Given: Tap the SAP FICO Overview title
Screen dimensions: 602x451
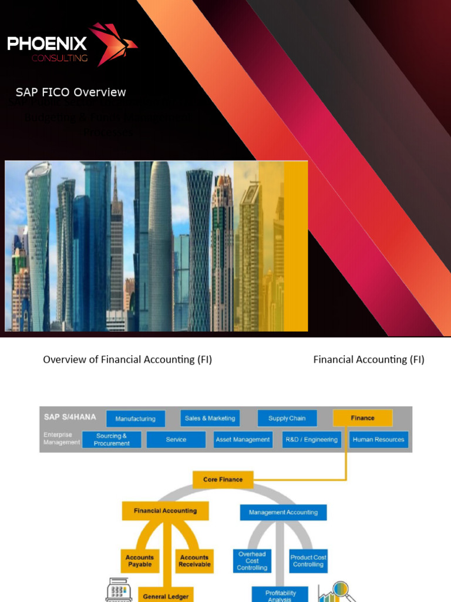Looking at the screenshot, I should click(70, 92).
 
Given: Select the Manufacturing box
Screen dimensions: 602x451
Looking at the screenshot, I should click(136, 419).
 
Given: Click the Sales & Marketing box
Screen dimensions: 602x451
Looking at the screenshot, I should click(210, 418).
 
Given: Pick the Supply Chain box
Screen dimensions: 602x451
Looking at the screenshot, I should click(287, 418).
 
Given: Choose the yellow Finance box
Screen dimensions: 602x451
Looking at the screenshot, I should click(362, 418).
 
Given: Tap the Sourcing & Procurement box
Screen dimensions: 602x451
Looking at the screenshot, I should click(112, 440).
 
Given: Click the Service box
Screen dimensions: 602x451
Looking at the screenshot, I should click(176, 439).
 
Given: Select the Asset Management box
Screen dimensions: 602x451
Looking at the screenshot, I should click(243, 439).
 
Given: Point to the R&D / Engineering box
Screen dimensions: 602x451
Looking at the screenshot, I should click(311, 439).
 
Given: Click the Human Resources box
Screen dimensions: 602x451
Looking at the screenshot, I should click(378, 439).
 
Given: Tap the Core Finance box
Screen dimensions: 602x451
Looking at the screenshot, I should click(223, 479).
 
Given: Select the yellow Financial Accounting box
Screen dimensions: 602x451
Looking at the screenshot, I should click(165, 511).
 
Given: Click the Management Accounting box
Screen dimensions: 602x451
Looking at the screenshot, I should click(283, 512).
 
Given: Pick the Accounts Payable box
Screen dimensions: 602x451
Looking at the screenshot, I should click(140, 561).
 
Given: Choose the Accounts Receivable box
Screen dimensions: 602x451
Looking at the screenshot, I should click(194, 561).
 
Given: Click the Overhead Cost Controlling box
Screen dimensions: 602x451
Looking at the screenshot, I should click(252, 561).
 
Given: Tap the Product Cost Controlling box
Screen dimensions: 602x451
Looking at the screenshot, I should click(308, 561).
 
